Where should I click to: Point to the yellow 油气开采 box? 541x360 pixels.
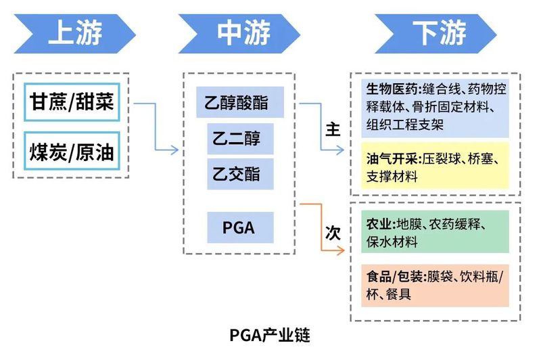[x=434, y=168]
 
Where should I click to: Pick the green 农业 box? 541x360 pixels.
[x=434, y=232]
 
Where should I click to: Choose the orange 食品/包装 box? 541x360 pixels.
[x=434, y=285]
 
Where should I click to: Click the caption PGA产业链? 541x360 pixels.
[x=269, y=334]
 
